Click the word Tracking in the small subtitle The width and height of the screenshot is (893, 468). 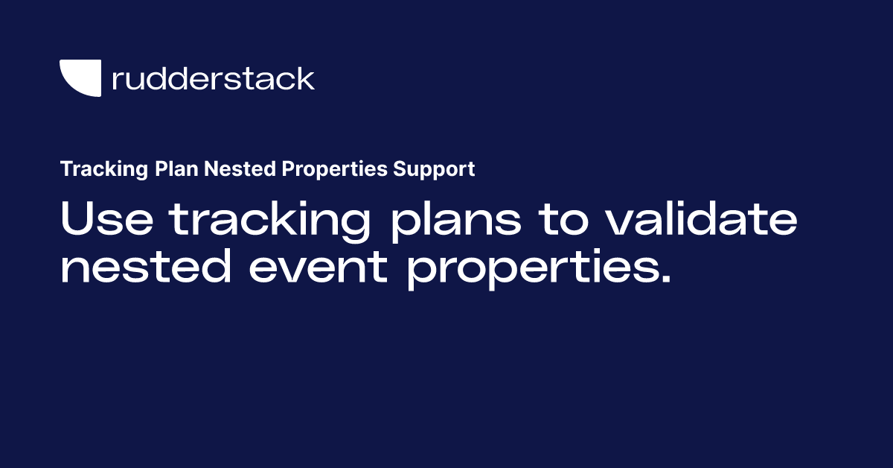pyautogui.click(x=104, y=169)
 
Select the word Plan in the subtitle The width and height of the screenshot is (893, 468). pyautogui.click(x=176, y=168)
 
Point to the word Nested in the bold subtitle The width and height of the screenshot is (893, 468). pyautogui.click(x=240, y=168)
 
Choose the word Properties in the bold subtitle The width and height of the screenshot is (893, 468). pyautogui.click(x=334, y=169)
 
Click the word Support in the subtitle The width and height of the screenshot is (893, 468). pyautogui.click(x=434, y=169)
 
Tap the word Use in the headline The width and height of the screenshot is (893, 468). pyautogui.click(x=107, y=218)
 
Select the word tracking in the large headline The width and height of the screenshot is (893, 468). pyautogui.click(x=269, y=221)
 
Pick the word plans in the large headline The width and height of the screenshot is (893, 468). pyautogui.click(x=456, y=221)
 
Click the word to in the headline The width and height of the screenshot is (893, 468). pyautogui.click(x=563, y=219)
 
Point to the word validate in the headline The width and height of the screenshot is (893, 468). pyautogui.click(x=702, y=218)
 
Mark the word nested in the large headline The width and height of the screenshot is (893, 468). pyautogui.click(x=146, y=265)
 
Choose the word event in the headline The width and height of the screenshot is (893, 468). pyautogui.click(x=319, y=267)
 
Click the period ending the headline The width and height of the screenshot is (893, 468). pyautogui.click(x=665, y=278)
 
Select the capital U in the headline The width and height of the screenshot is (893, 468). pyautogui.click(x=77, y=218)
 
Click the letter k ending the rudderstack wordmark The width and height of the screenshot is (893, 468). pyautogui.click(x=305, y=78)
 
